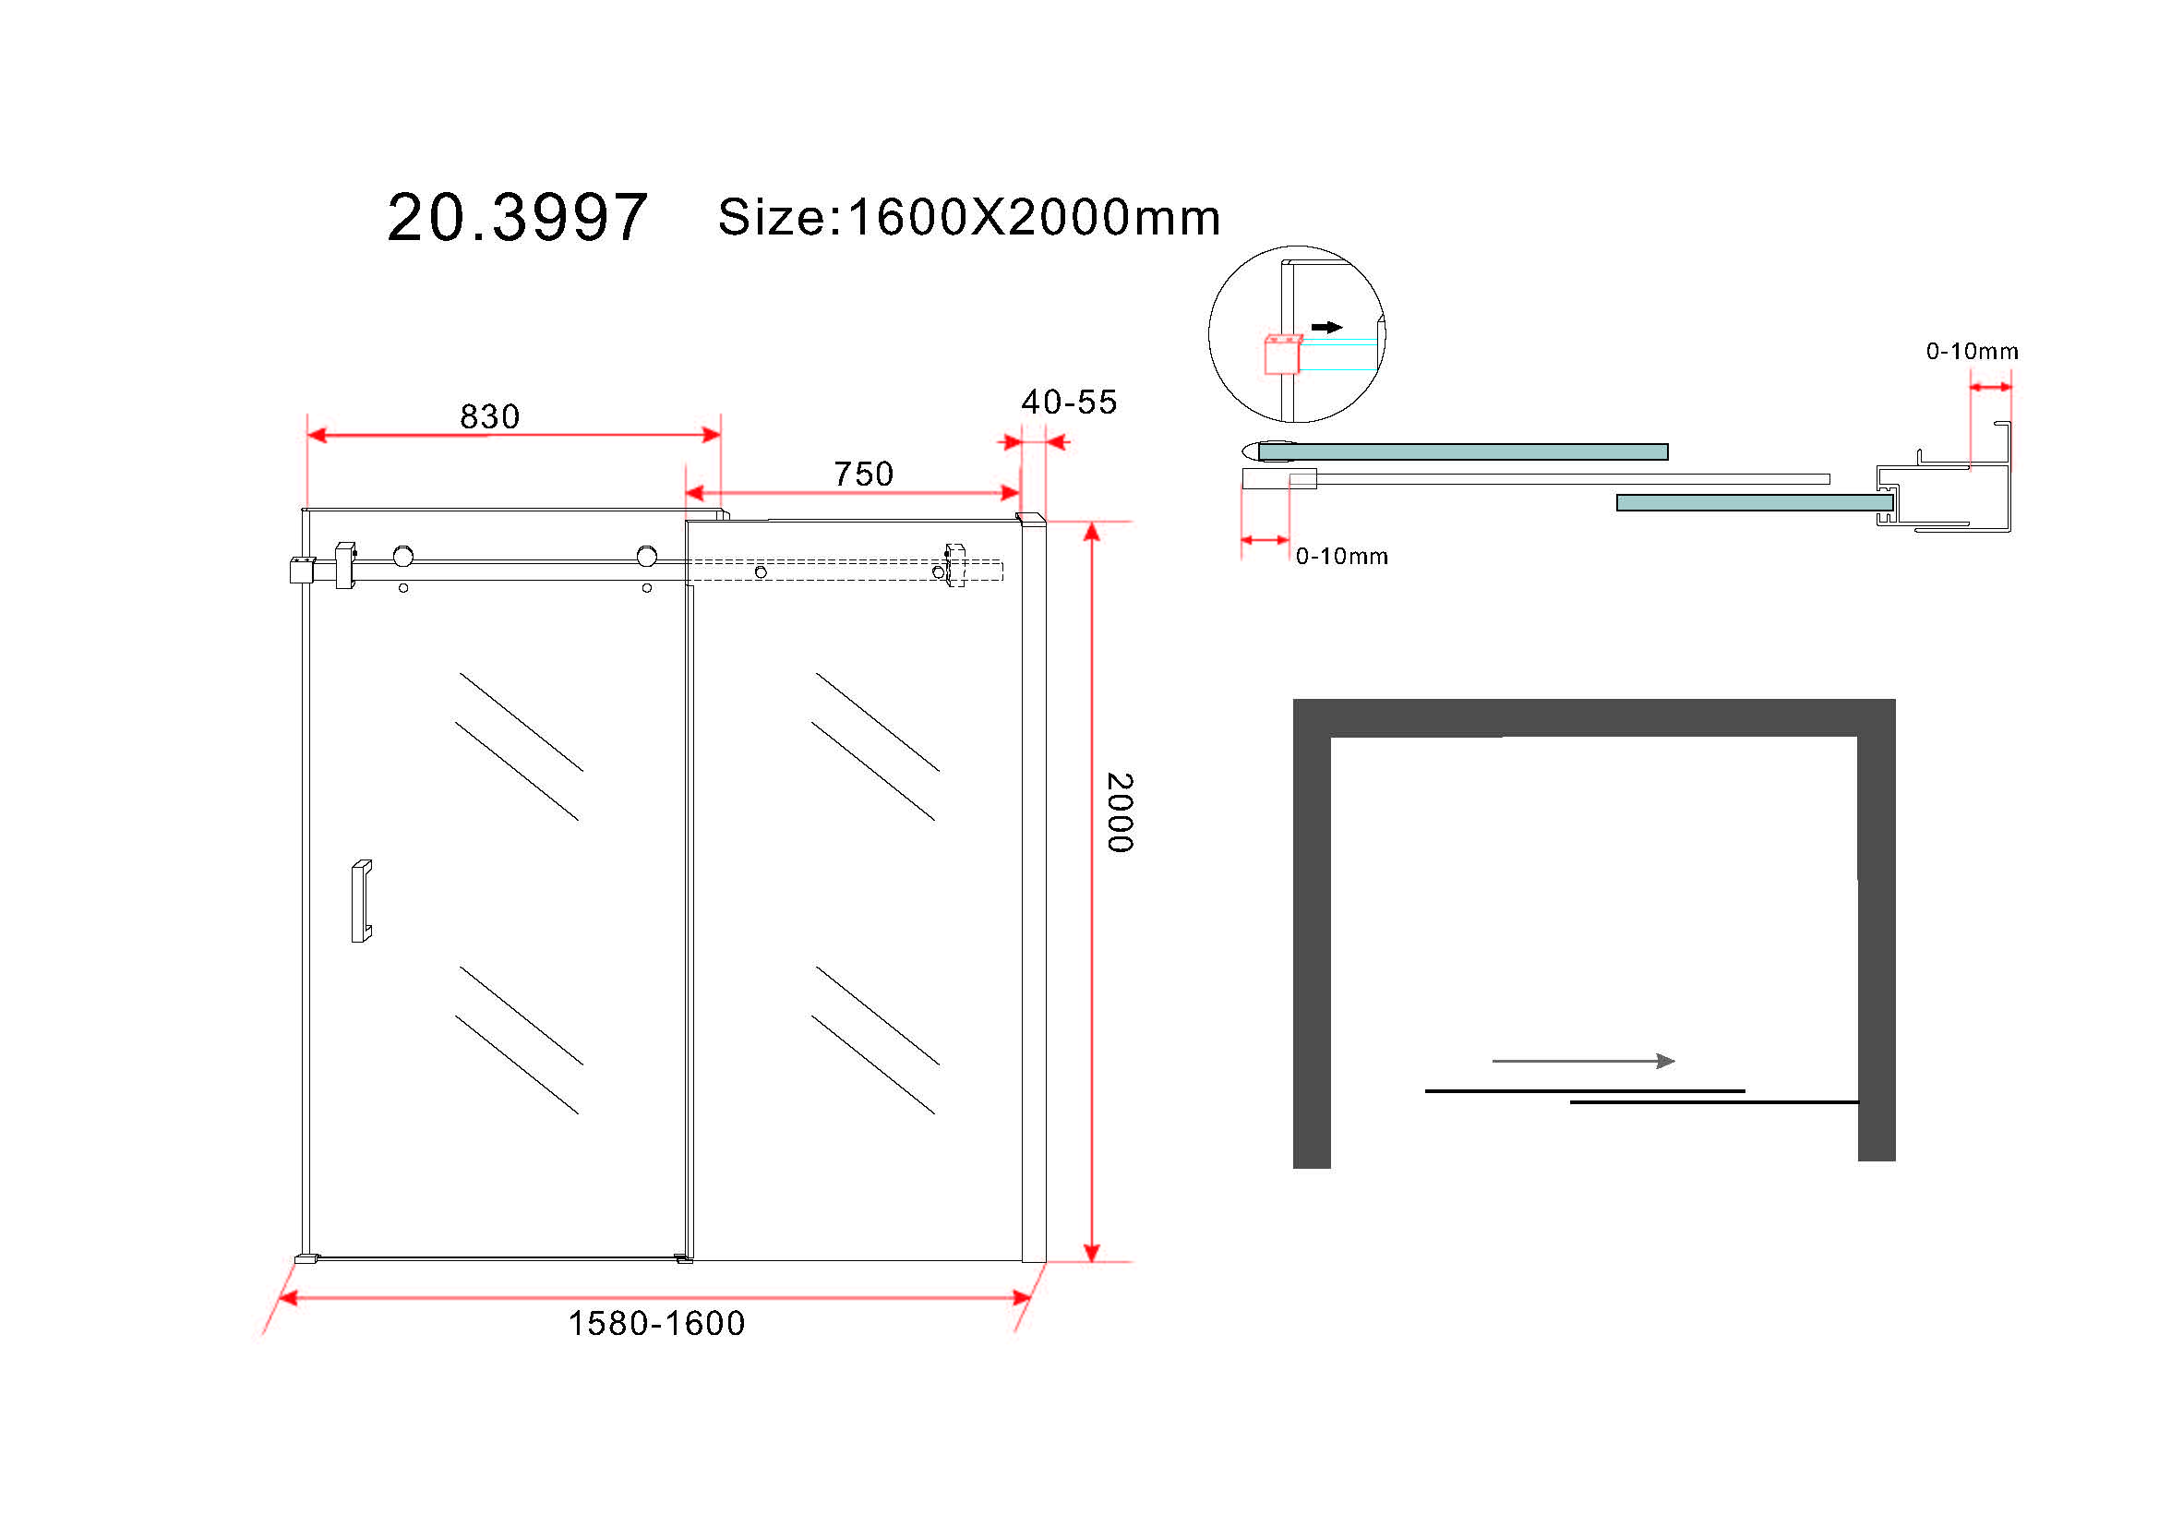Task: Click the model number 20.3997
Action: click(x=517, y=217)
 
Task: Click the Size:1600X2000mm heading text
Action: click(x=969, y=217)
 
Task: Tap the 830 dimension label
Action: click(x=490, y=416)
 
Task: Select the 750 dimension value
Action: click(x=863, y=474)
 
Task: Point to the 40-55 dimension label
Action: click(x=1069, y=403)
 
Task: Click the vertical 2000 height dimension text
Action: click(x=1120, y=813)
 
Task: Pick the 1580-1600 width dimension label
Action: click(x=656, y=1324)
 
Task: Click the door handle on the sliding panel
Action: click(x=361, y=901)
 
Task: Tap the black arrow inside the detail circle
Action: click(x=1326, y=327)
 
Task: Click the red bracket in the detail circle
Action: click(x=1282, y=355)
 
